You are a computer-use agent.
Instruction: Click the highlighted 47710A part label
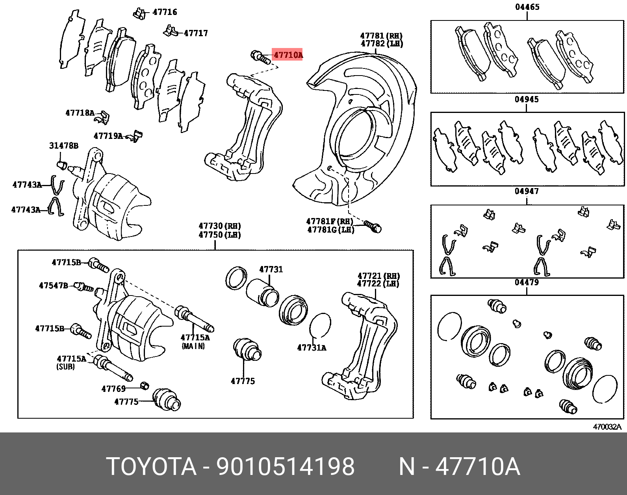click(x=288, y=55)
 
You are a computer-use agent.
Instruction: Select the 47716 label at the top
click(x=165, y=12)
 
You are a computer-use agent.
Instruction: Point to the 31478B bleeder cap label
click(x=63, y=146)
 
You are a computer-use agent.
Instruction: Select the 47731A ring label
click(x=312, y=348)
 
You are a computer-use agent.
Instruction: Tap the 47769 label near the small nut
click(x=113, y=389)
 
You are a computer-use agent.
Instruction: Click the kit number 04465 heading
click(x=527, y=7)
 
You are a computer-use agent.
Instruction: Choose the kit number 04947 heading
click(x=527, y=192)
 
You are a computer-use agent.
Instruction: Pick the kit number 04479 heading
click(x=527, y=283)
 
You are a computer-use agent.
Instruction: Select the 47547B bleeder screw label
click(x=53, y=285)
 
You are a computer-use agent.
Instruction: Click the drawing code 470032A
click(x=607, y=427)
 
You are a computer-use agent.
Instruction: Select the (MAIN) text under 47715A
click(x=193, y=346)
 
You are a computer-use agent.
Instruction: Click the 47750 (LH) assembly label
click(x=219, y=235)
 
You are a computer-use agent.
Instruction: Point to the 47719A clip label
click(x=108, y=136)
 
